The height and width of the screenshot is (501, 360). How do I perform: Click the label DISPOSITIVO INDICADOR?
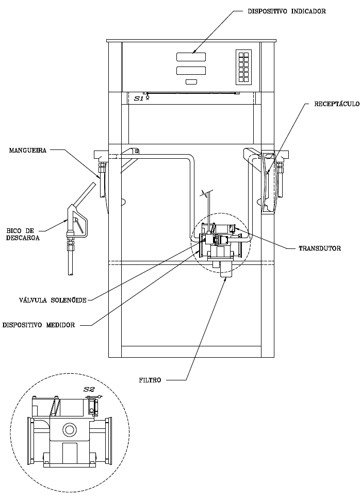(x=287, y=11)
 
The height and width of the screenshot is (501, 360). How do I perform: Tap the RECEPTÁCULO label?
(x=337, y=104)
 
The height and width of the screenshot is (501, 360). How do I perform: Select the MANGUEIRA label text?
(x=28, y=150)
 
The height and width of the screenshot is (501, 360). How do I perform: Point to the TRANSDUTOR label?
(x=320, y=248)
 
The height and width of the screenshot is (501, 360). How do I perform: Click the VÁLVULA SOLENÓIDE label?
(x=53, y=300)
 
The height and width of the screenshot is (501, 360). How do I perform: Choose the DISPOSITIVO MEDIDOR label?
(x=39, y=325)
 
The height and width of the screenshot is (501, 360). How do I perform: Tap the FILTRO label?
(x=150, y=380)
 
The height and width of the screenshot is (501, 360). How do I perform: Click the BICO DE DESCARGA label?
(x=23, y=234)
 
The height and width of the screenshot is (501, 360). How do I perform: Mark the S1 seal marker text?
(x=138, y=99)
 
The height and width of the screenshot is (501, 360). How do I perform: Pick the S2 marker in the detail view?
(x=89, y=389)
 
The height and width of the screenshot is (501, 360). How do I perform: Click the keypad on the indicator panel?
(x=243, y=67)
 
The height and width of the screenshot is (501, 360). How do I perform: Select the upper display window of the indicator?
(x=191, y=57)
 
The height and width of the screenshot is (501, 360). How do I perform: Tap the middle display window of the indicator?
(x=191, y=71)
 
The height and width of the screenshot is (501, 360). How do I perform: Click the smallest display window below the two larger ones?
(x=191, y=82)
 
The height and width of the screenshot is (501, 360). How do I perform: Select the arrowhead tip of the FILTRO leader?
(x=226, y=277)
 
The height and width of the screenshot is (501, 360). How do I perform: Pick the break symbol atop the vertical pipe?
(x=205, y=193)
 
